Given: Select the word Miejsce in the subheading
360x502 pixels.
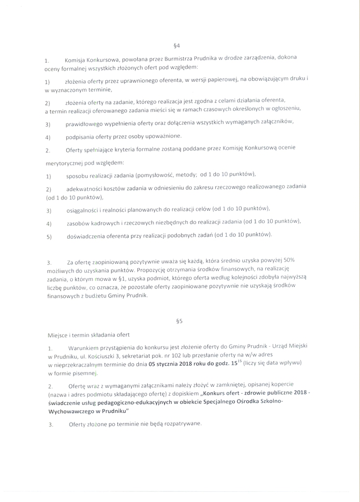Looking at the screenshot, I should tap(55, 335).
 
